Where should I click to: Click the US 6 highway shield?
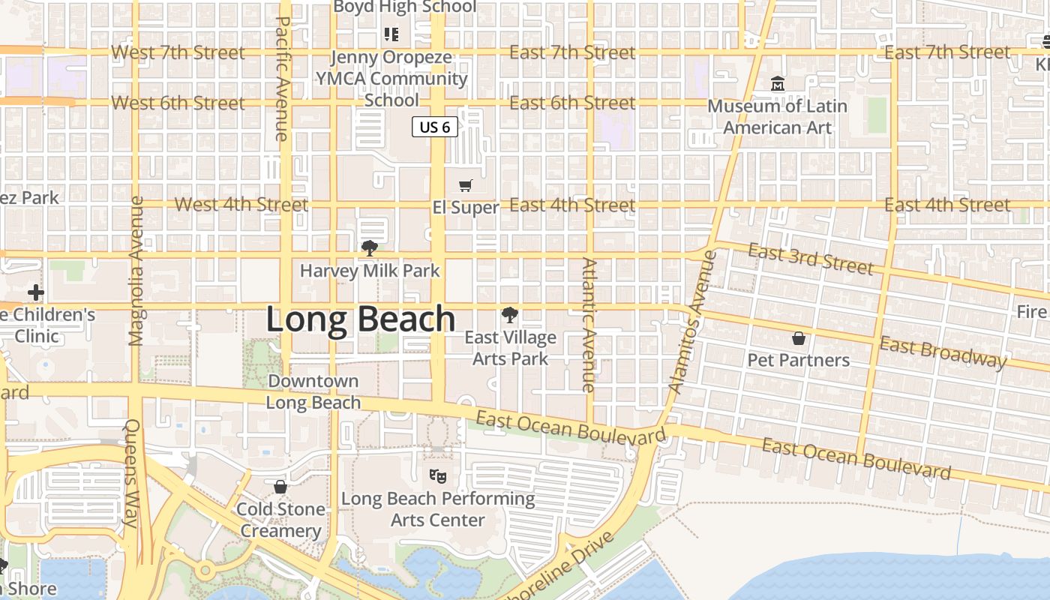click(x=434, y=127)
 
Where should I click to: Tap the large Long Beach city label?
click(x=361, y=319)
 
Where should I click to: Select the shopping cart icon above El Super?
click(x=466, y=185)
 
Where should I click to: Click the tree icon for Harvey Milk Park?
click(x=369, y=248)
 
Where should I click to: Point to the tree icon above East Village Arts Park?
click(x=510, y=315)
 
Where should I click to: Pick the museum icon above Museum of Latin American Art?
click(x=778, y=83)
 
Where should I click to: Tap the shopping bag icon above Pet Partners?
click(x=799, y=338)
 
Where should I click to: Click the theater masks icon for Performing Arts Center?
click(x=438, y=475)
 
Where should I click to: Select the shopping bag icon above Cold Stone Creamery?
click(x=280, y=487)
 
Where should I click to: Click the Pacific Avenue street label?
click(x=283, y=79)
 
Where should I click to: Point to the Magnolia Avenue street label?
click(x=136, y=271)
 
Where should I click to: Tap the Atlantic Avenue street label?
click(x=589, y=325)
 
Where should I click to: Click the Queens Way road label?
click(x=132, y=473)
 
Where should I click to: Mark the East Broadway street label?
click(x=943, y=352)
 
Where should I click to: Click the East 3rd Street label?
click(x=811, y=259)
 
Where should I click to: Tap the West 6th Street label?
click(x=178, y=103)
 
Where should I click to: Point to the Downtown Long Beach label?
click(x=313, y=391)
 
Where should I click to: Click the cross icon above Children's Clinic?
click(x=35, y=292)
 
